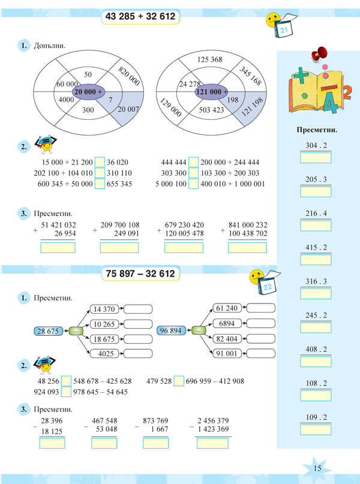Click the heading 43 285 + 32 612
pos(140,17)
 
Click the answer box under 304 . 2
pos(316,158)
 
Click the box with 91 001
pos(228,354)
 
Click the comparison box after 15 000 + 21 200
pos(100,162)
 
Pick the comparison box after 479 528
pos(178,381)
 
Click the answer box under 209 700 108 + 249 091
pos(119,248)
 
